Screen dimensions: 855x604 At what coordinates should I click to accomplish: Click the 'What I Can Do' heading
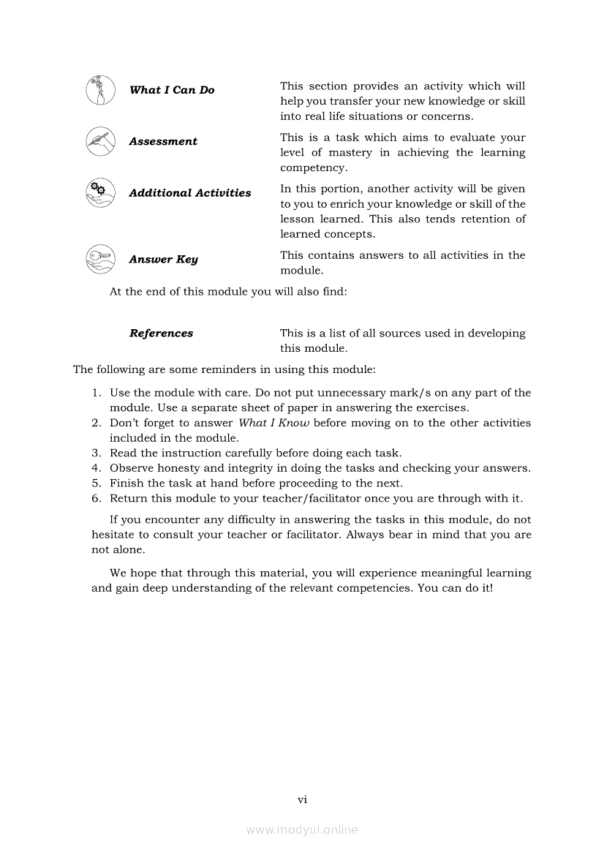click(172, 90)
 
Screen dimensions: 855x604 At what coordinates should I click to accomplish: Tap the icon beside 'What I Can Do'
click(100, 90)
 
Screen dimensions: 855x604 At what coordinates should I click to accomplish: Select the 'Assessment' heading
click(163, 141)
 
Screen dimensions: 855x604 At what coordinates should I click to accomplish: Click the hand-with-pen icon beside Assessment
click(100, 141)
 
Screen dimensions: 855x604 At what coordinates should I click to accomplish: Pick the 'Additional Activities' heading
click(190, 193)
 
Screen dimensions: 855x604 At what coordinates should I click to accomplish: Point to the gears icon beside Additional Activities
click(100, 192)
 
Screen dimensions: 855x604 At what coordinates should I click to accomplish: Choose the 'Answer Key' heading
click(163, 260)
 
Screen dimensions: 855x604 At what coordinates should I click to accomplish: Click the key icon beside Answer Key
click(100, 259)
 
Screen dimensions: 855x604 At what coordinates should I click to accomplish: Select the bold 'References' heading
click(162, 334)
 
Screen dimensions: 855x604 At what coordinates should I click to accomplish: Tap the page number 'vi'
click(302, 799)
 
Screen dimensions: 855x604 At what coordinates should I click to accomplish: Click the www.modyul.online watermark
click(302, 829)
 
